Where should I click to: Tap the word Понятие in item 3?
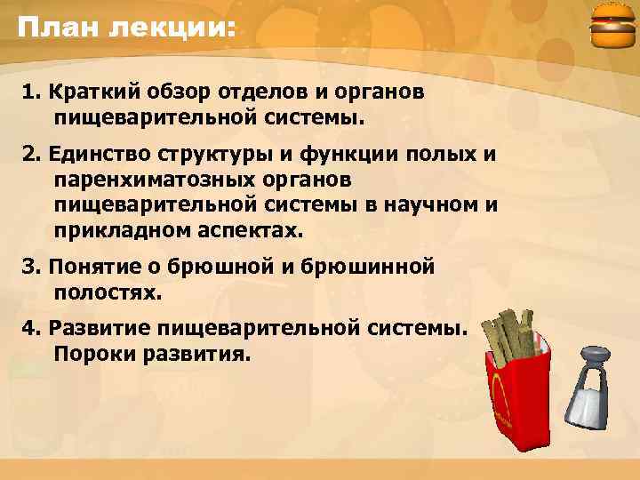[x=92, y=266]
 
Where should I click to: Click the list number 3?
[x=28, y=266]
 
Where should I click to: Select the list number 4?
[x=28, y=328]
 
